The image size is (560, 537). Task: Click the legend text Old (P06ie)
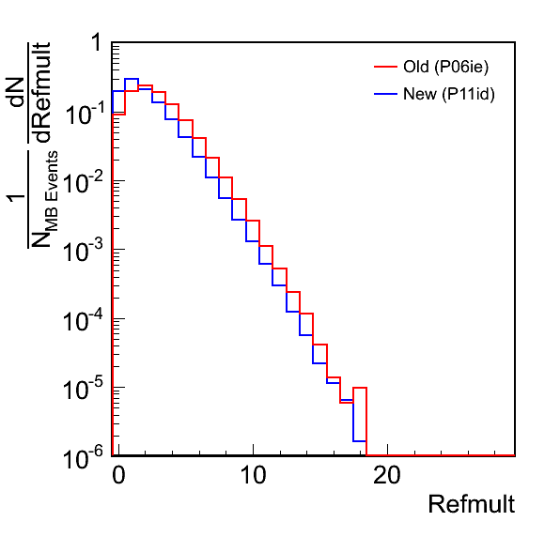(445, 67)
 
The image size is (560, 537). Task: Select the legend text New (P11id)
(449, 94)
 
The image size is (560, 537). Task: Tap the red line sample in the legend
(386, 67)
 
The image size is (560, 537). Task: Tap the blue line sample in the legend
(386, 94)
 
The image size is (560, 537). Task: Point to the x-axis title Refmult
(472, 504)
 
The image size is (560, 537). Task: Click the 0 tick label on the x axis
(118, 475)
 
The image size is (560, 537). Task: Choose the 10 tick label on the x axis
(253, 475)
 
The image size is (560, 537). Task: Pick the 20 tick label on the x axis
(387, 475)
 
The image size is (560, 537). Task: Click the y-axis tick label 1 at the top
(97, 43)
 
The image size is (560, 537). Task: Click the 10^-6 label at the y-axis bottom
(84, 456)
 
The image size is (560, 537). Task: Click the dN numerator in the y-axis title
(16, 92)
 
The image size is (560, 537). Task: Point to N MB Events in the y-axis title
(43, 199)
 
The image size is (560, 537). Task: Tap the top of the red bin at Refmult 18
(360, 388)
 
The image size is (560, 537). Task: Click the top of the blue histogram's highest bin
(132, 79)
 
